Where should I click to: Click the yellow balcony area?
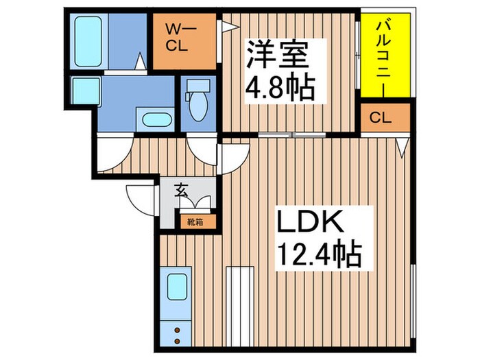tap(385, 56)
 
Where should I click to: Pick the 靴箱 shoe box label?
tap(195, 221)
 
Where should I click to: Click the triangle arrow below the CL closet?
tap(403, 146)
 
